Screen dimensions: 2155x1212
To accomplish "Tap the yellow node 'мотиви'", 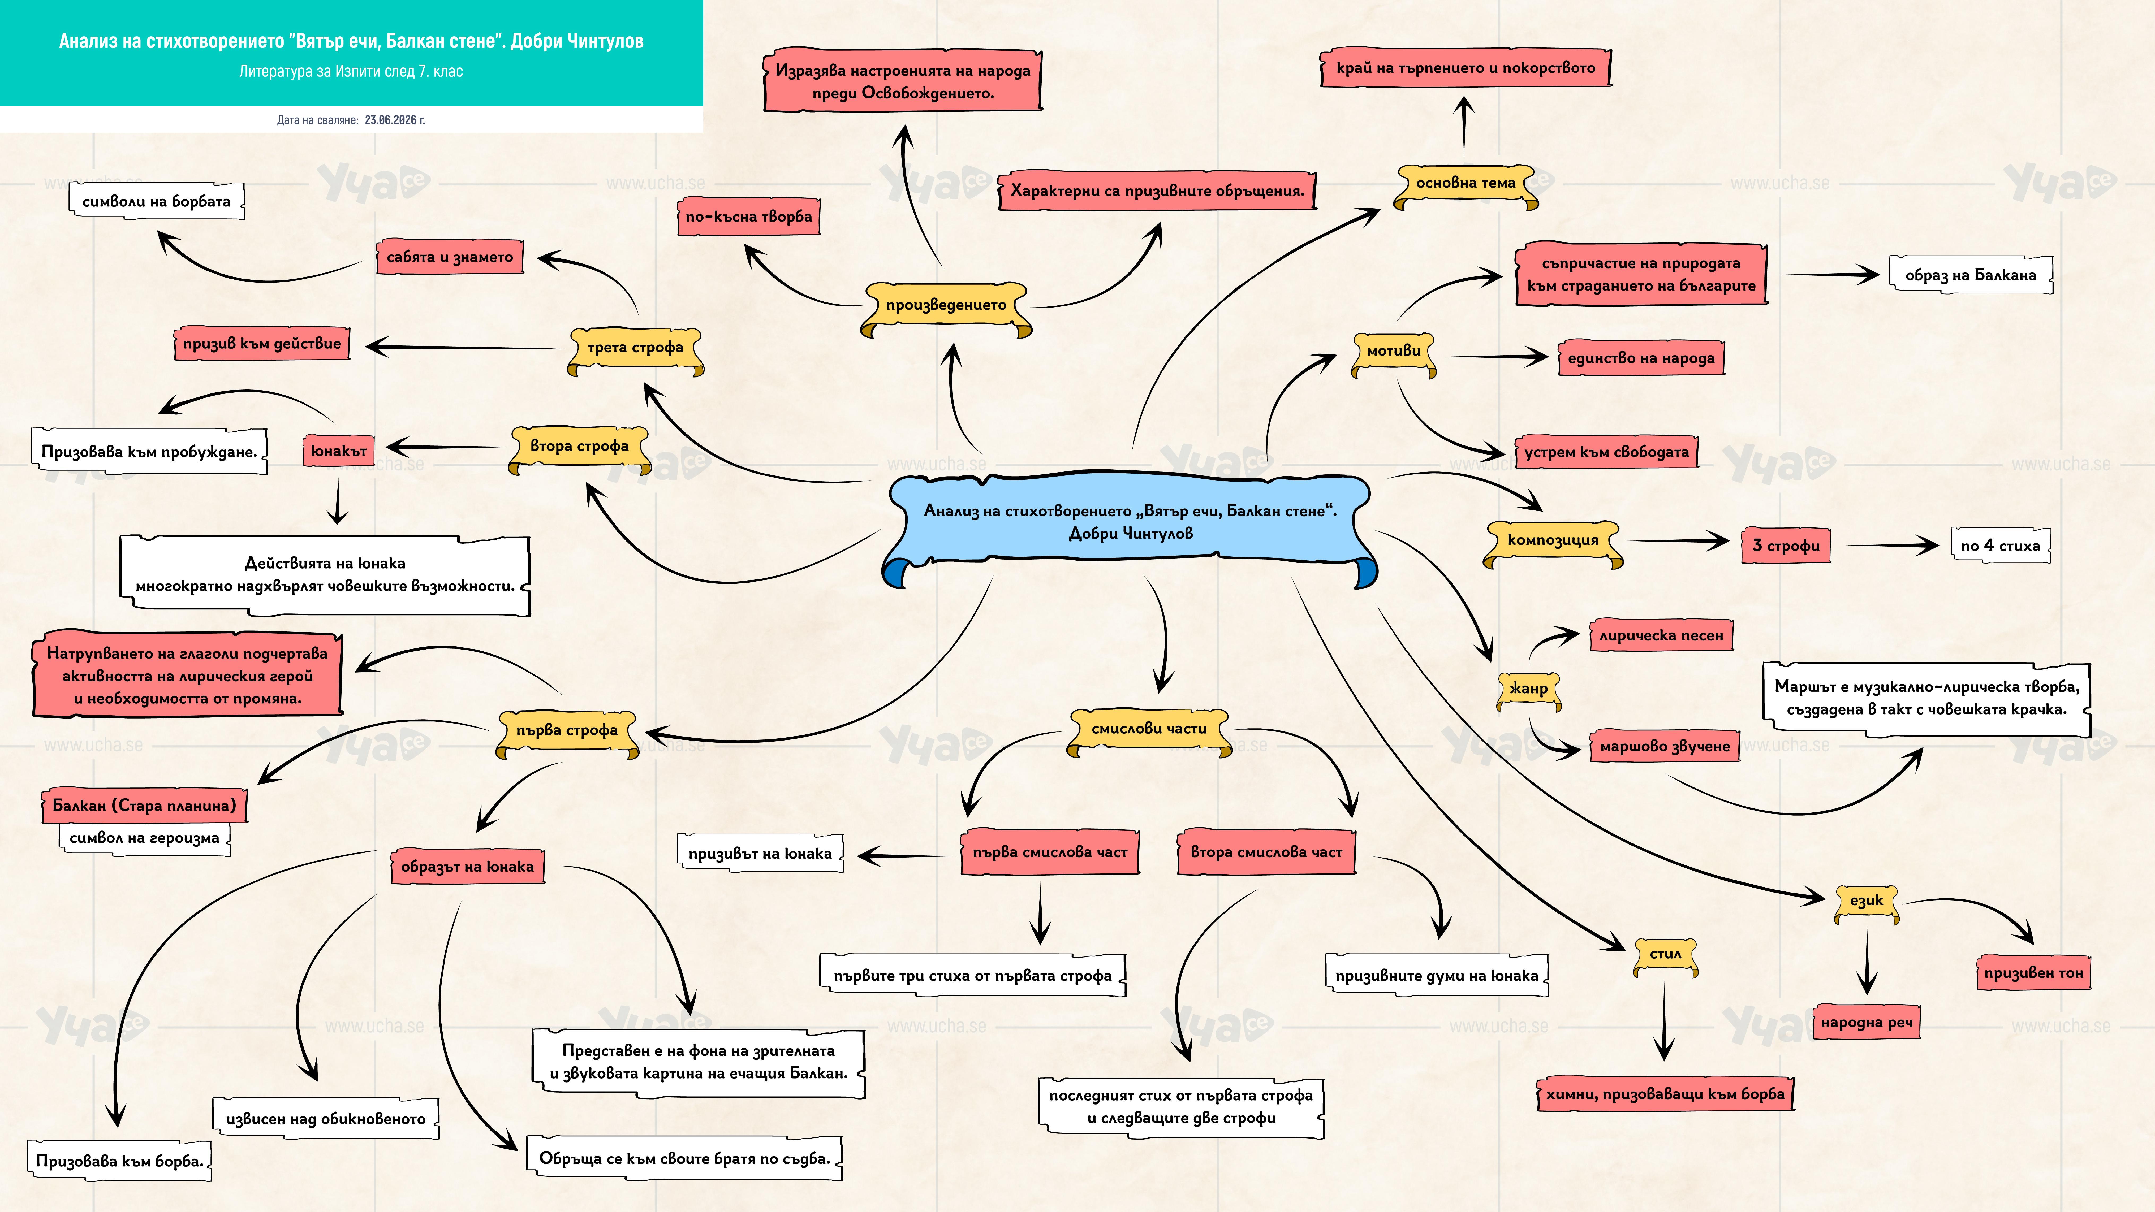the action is pos(1394,354).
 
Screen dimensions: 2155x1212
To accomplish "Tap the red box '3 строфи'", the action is pos(1786,545).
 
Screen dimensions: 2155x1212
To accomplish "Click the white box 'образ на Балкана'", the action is pos(1971,275).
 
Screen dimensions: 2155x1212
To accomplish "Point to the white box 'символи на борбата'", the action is pos(156,202).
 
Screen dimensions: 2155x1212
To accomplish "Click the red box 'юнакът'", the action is pos(339,451).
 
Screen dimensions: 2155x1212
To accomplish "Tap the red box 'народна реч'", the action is pos(1866,1022).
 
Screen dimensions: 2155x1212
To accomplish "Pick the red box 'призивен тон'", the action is pos(2034,973).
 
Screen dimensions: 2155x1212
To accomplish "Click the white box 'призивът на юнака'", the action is pos(760,854).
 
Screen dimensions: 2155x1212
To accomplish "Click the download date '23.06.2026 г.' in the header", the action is pos(395,120).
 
